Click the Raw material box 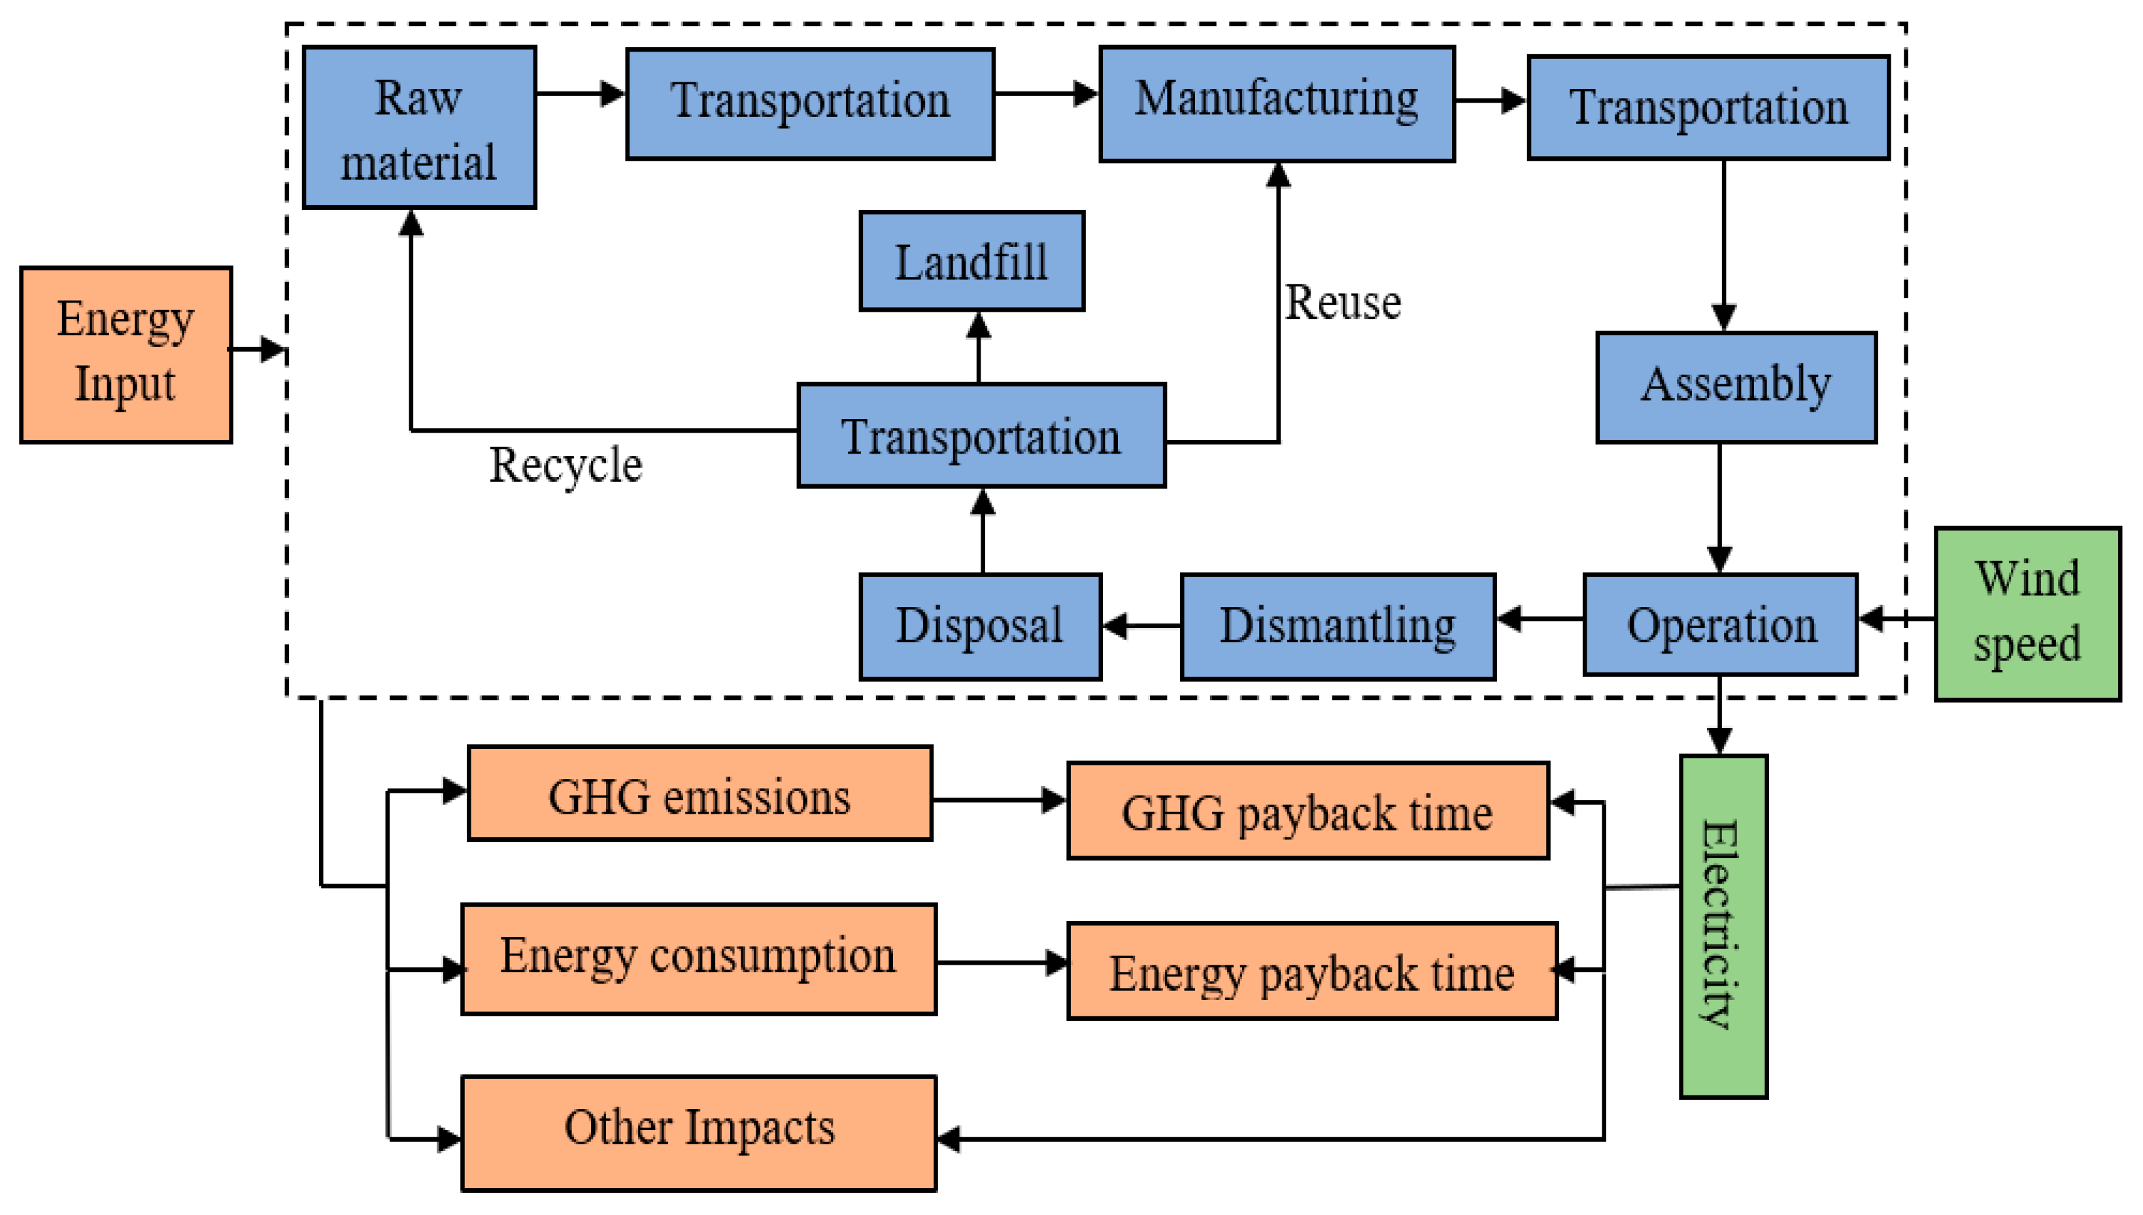pos(419,127)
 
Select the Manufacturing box pos(1276,103)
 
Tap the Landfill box pos(971,261)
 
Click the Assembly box pos(1736,386)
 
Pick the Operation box pos(1720,624)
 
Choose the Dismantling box pos(1337,626)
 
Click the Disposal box pos(980,626)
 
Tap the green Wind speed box pos(2027,613)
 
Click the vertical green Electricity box pos(1723,926)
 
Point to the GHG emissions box pos(700,793)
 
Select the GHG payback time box pos(1308,810)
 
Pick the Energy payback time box pos(1312,971)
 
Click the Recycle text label pos(565,465)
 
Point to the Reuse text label pos(1342,302)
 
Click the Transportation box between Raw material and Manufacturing pos(809,103)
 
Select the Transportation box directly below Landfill pos(981,435)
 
